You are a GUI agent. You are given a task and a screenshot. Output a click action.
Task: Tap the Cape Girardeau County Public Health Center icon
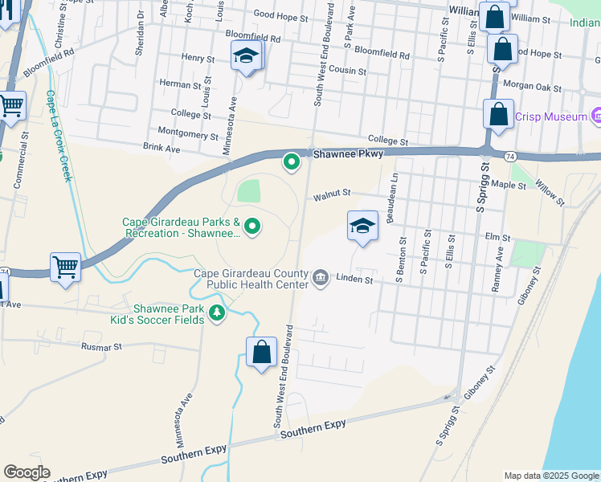(321, 278)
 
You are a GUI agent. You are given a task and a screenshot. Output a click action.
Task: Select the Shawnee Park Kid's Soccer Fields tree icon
(216, 313)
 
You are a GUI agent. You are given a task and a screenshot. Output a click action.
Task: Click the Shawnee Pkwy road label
(349, 153)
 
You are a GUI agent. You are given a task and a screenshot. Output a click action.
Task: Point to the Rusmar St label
(100, 347)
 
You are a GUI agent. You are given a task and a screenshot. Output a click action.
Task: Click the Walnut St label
(333, 194)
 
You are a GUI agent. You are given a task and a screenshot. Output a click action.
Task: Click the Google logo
(27, 472)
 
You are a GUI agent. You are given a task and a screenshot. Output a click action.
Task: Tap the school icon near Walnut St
(362, 226)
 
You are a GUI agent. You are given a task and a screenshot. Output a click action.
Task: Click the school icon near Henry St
(247, 56)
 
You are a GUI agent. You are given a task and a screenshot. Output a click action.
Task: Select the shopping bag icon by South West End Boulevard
(261, 352)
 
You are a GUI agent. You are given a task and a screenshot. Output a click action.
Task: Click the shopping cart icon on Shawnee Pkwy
(65, 266)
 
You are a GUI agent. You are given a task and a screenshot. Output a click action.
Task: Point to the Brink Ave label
(161, 148)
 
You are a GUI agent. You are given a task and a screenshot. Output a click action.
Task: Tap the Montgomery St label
(184, 131)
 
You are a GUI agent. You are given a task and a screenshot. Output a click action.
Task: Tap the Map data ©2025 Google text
(550, 476)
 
